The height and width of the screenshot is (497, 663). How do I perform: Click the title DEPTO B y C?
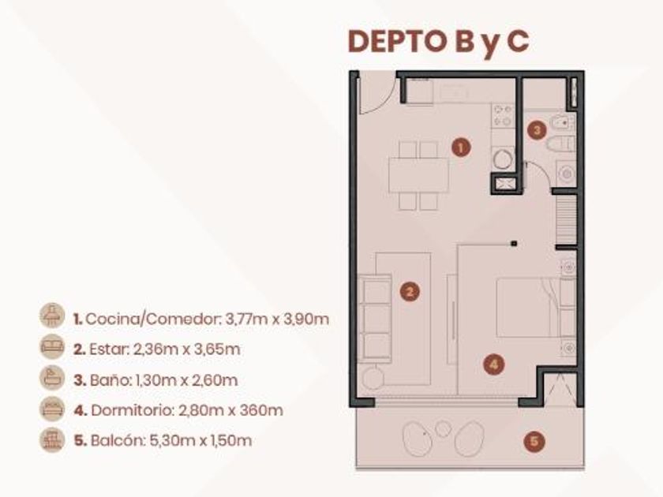[x=438, y=41]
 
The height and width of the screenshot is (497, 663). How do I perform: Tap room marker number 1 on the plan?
[x=460, y=148]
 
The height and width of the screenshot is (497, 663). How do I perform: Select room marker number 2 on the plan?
[x=410, y=292]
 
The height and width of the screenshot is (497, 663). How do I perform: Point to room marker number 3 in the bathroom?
[x=537, y=129]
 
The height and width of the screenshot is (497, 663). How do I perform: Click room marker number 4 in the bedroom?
[x=494, y=364]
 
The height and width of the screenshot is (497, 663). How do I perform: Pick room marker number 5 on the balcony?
[x=534, y=442]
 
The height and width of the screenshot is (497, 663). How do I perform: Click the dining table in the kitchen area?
[x=418, y=175]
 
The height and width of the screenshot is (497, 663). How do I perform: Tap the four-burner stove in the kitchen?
[x=503, y=115]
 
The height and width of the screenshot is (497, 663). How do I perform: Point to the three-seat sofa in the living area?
[x=375, y=318]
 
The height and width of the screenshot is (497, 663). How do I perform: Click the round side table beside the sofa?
[x=373, y=377]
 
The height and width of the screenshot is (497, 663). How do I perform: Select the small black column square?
[x=514, y=244]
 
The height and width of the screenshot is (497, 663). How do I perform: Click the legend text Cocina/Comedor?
[x=152, y=319]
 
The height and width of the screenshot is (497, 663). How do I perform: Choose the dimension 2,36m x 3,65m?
[x=186, y=349]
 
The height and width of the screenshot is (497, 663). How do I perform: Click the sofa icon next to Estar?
[x=52, y=347]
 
